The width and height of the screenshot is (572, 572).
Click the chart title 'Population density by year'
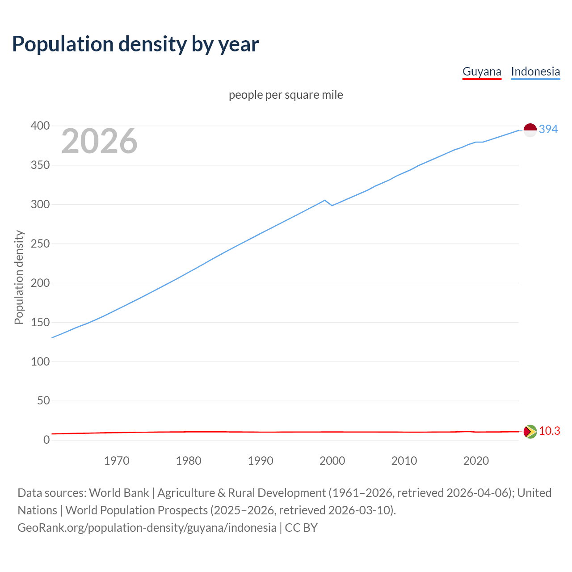click(x=135, y=44)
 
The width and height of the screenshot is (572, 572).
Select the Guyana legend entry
click(x=482, y=71)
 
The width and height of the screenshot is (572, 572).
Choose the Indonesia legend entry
click(x=535, y=71)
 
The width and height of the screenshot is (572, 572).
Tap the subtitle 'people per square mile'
click(x=286, y=95)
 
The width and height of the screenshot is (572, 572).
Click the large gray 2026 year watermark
click(x=99, y=141)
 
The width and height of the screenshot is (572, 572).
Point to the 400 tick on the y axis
click(x=40, y=126)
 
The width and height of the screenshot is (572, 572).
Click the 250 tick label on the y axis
click(x=40, y=244)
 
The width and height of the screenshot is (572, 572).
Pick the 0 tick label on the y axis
click(x=46, y=440)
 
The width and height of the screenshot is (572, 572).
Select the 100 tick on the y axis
click(x=40, y=362)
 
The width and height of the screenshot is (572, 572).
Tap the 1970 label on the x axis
click(x=117, y=461)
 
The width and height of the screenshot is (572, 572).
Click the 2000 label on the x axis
click(x=332, y=461)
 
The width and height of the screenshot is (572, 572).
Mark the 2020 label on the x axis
click(x=476, y=461)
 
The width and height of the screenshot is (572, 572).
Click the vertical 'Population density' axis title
click(x=19, y=277)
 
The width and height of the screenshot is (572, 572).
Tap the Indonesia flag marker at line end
click(x=530, y=130)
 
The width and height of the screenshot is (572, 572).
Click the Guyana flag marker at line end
click(x=530, y=432)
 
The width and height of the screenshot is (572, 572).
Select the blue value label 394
click(x=548, y=130)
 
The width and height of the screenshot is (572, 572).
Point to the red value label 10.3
click(x=550, y=431)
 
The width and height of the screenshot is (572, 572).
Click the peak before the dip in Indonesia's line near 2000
click(x=325, y=200)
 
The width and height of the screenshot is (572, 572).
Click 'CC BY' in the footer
click(x=301, y=528)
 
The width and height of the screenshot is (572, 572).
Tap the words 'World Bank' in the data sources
click(x=119, y=493)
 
